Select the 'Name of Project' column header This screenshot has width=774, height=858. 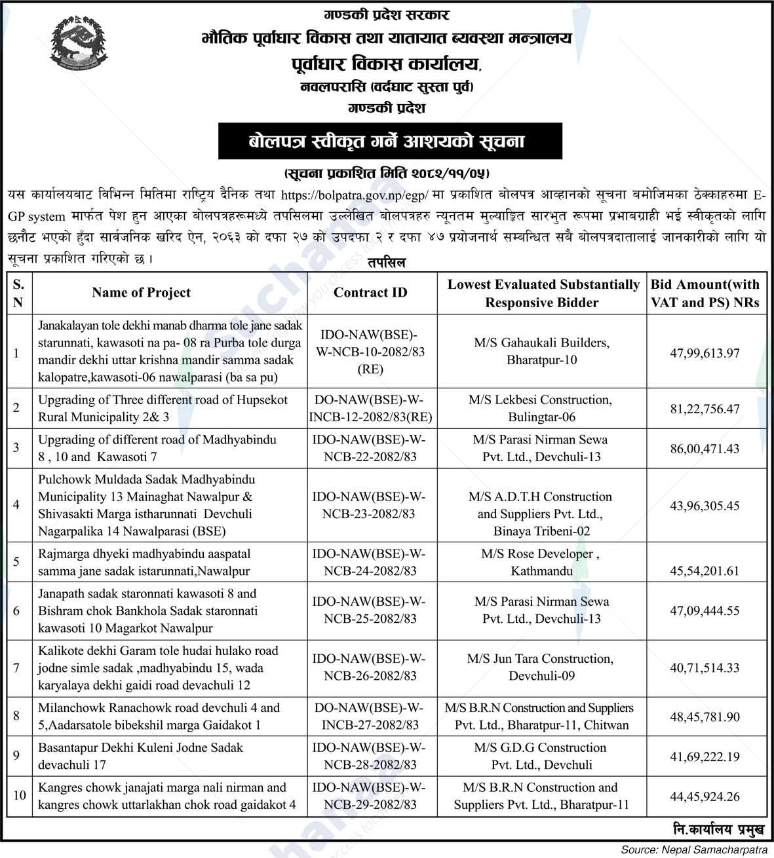(x=141, y=293)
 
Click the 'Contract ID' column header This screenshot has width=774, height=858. (x=370, y=293)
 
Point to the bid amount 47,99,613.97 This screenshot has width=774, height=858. (x=705, y=353)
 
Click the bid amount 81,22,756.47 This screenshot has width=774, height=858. (x=705, y=409)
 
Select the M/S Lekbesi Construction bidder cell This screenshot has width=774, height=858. (x=541, y=408)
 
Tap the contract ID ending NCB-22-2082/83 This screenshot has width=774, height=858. (x=369, y=448)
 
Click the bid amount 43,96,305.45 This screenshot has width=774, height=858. (x=705, y=506)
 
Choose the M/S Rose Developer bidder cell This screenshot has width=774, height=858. (x=541, y=562)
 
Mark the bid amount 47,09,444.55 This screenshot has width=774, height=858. (x=705, y=611)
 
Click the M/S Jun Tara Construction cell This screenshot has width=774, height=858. (x=541, y=667)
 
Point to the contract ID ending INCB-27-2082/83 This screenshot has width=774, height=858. (x=369, y=716)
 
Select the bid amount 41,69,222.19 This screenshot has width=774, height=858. (x=705, y=756)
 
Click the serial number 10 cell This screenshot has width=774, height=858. (x=20, y=795)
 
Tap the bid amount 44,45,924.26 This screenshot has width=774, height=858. (x=705, y=796)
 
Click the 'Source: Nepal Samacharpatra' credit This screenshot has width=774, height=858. (x=695, y=849)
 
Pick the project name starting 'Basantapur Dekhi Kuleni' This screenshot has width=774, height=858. (x=141, y=756)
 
